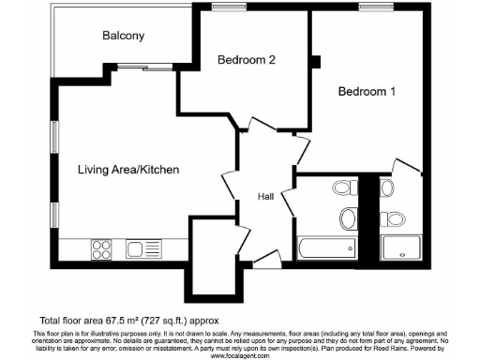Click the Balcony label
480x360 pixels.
pyautogui.click(x=123, y=36)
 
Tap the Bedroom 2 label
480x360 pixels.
pyautogui.click(x=246, y=60)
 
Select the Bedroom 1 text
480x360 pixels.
pyautogui.click(x=367, y=92)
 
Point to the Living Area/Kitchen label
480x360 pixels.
pyautogui.click(x=128, y=170)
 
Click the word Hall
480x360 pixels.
pyautogui.click(x=266, y=197)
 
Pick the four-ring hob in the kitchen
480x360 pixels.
pyautogui.click(x=102, y=248)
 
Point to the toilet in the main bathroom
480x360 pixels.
pyautogui.click(x=341, y=187)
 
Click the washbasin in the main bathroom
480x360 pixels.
pyautogui.click(x=348, y=218)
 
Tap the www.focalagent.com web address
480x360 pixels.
pyautogui.click(x=240, y=355)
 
